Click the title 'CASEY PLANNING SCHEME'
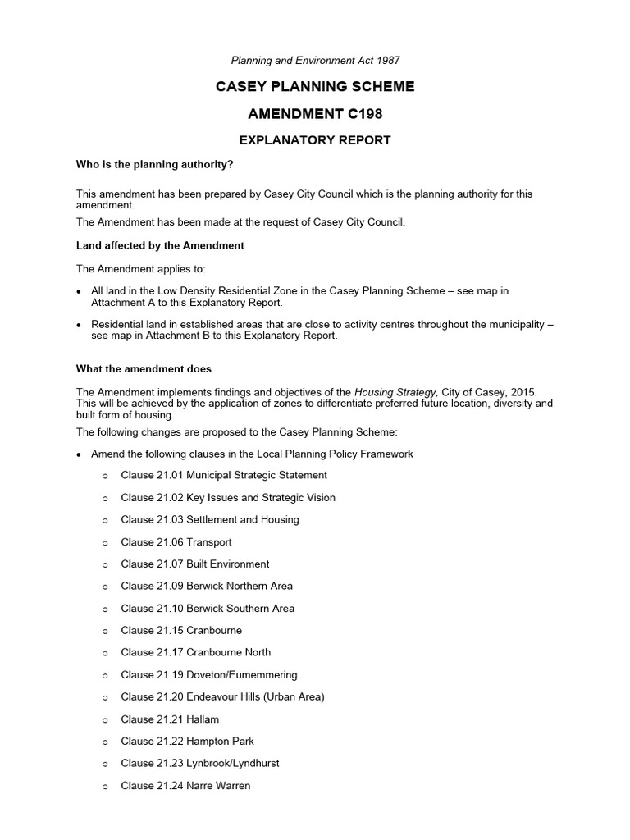[x=315, y=87]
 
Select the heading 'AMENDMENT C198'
[x=315, y=114]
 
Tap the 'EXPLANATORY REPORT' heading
[x=315, y=140]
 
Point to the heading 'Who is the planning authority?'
[x=155, y=165]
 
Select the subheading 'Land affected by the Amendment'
[x=160, y=245]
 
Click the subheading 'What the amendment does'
[x=144, y=369]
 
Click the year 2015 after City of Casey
[x=523, y=392]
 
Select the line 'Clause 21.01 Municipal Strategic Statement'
[x=223, y=475]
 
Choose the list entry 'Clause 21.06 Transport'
[x=176, y=542]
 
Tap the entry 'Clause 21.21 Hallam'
[x=170, y=719]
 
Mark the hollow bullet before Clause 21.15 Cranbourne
[x=106, y=632]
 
